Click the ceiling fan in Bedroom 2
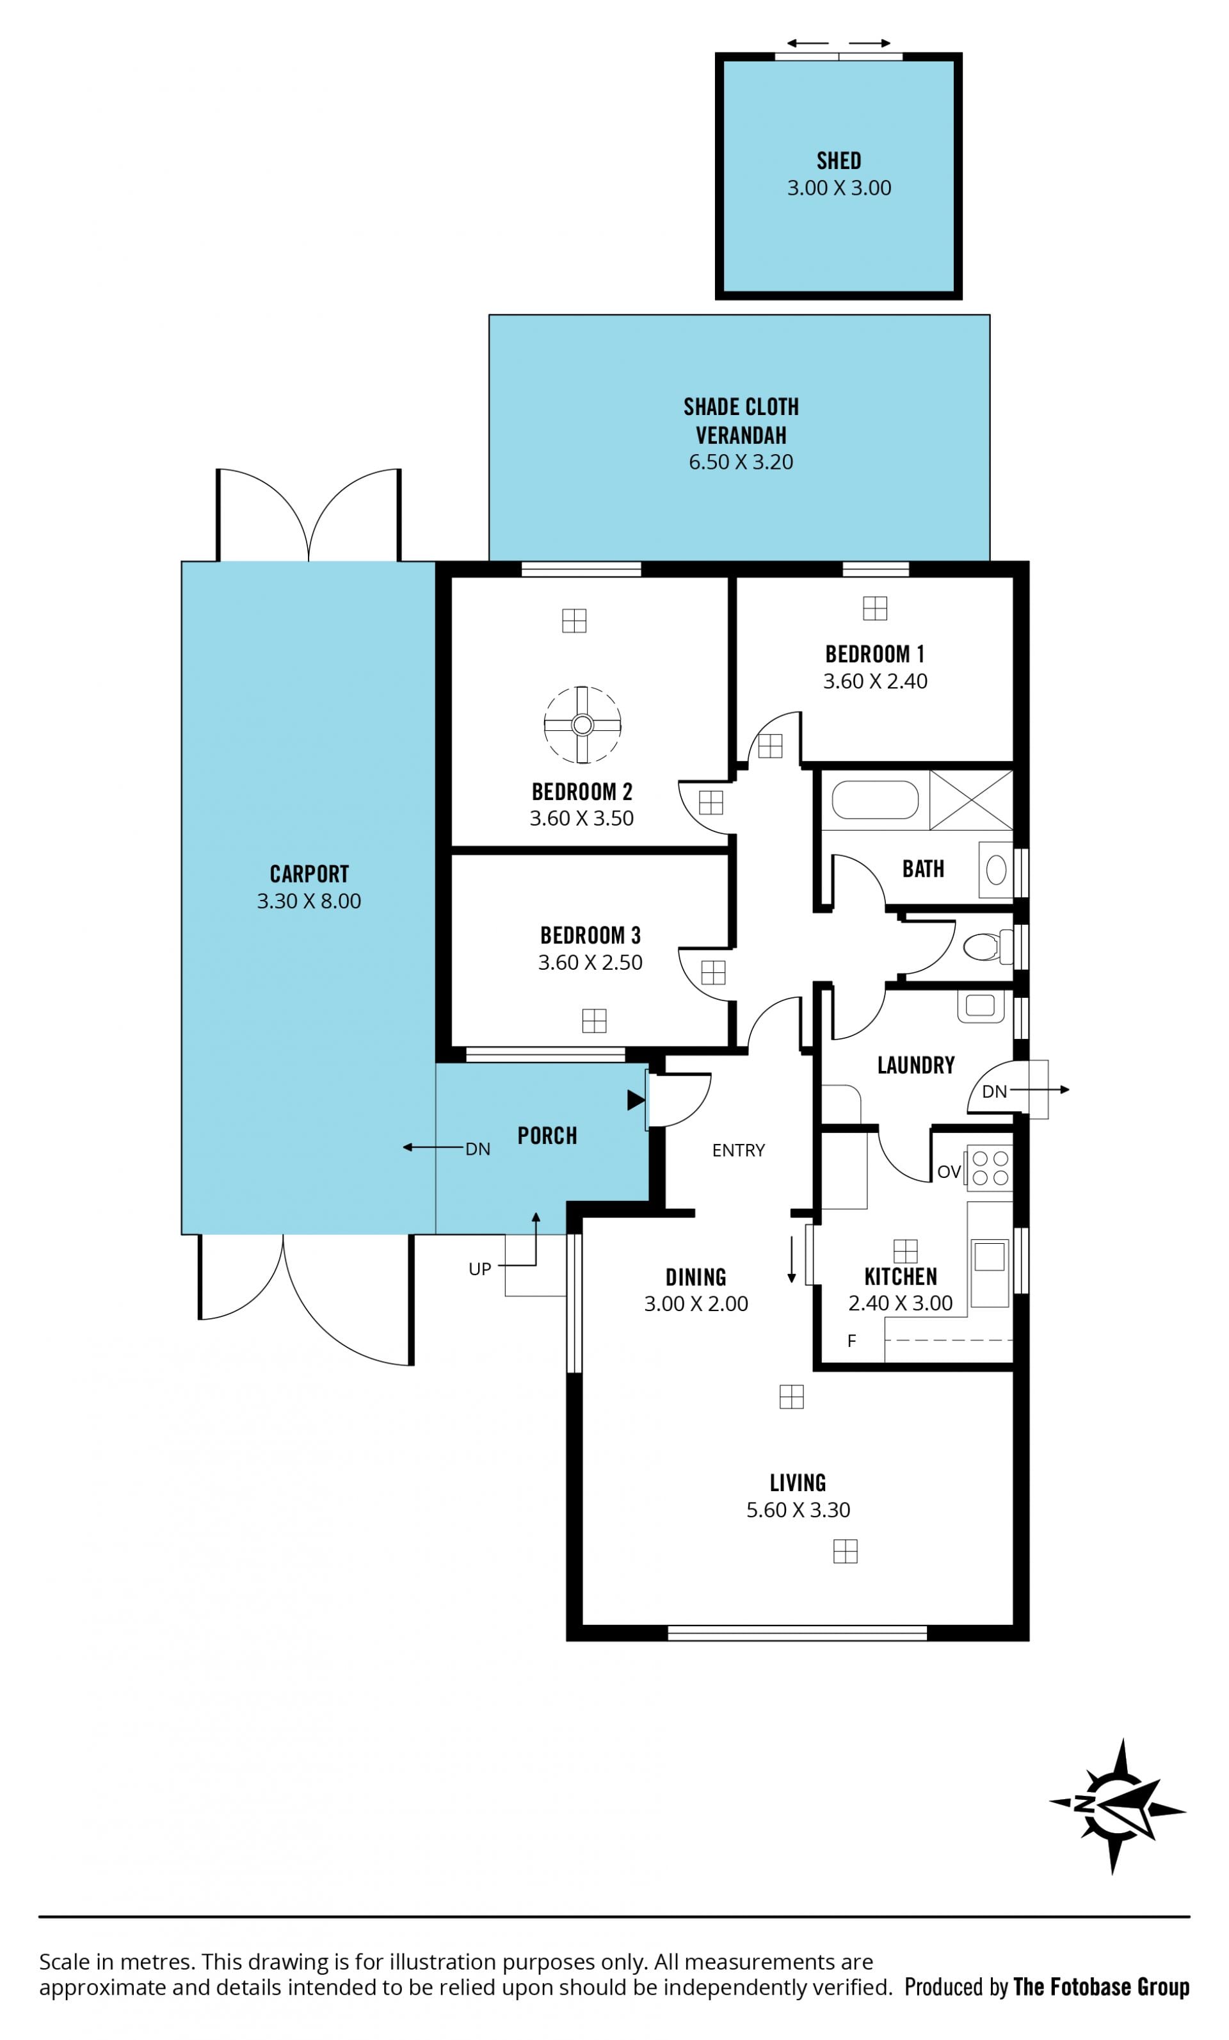click(x=582, y=724)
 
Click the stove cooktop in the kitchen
click(x=990, y=1168)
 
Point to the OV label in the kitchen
click(x=949, y=1171)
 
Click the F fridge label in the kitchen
click(x=851, y=1341)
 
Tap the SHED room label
click(x=839, y=161)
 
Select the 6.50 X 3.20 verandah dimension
click(x=741, y=462)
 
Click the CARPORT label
click(x=309, y=874)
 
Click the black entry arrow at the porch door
click(x=636, y=1100)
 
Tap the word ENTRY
click(x=738, y=1150)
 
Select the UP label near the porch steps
click(x=479, y=1269)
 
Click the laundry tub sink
click(x=981, y=1006)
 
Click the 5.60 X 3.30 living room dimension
click(x=798, y=1510)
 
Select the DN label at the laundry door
click(x=994, y=1092)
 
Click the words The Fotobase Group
click(x=1101, y=1986)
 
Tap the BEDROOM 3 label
click(x=590, y=936)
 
